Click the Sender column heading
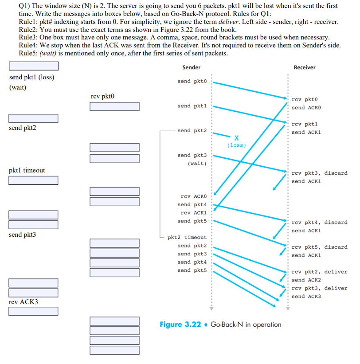click(191, 67)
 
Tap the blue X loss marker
click(237, 137)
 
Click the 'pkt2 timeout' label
click(187, 238)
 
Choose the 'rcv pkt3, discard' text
click(319, 173)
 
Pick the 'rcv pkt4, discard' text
click(319, 222)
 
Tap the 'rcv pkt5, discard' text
click(319, 247)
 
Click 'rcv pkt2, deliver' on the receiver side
click(319, 272)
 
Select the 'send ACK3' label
click(306, 296)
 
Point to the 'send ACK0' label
click(306, 107)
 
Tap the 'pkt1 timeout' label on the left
click(27, 170)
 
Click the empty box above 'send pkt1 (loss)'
click(34, 66)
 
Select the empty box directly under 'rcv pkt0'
click(114, 107)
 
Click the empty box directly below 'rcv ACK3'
click(34, 312)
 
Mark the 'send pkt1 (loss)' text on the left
click(31, 77)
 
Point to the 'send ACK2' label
click(306, 280)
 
